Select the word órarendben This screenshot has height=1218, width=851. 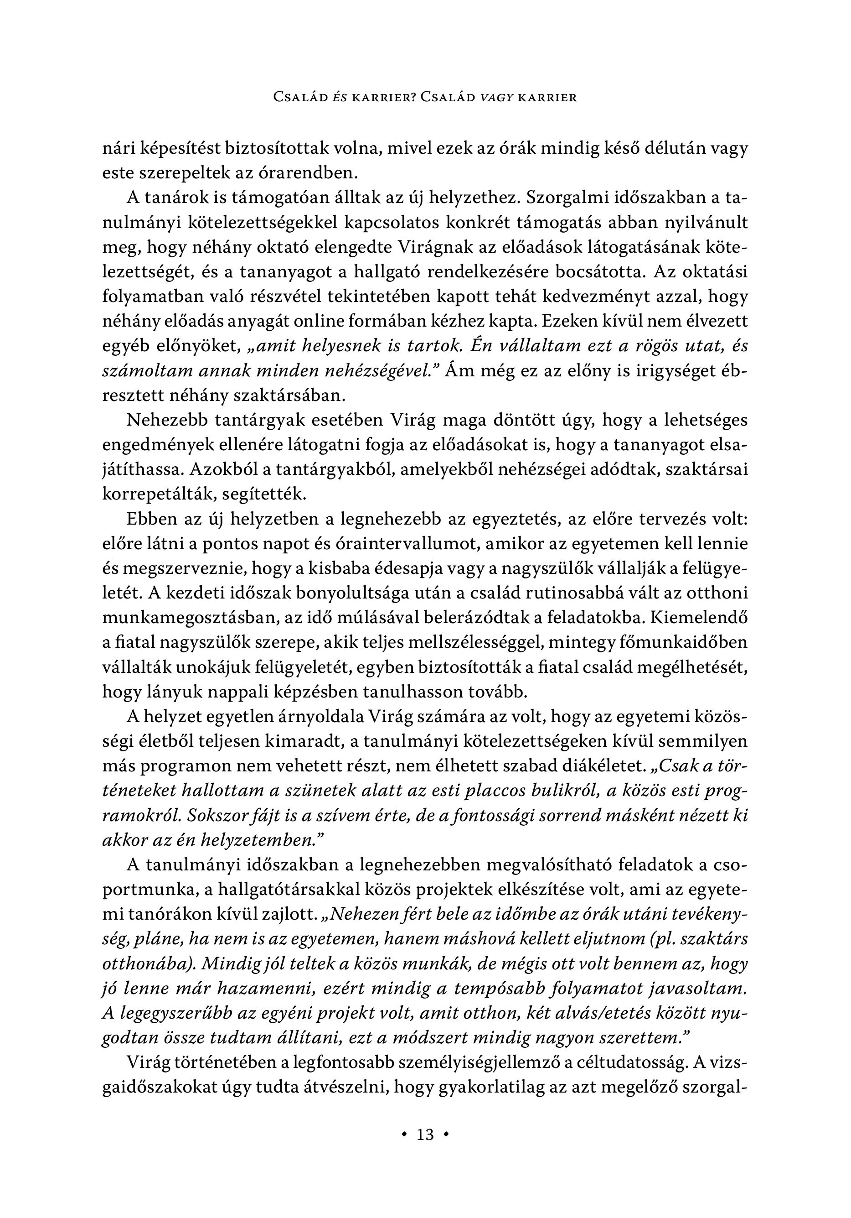click(x=304, y=173)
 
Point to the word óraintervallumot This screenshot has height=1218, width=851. click(x=395, y=544)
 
